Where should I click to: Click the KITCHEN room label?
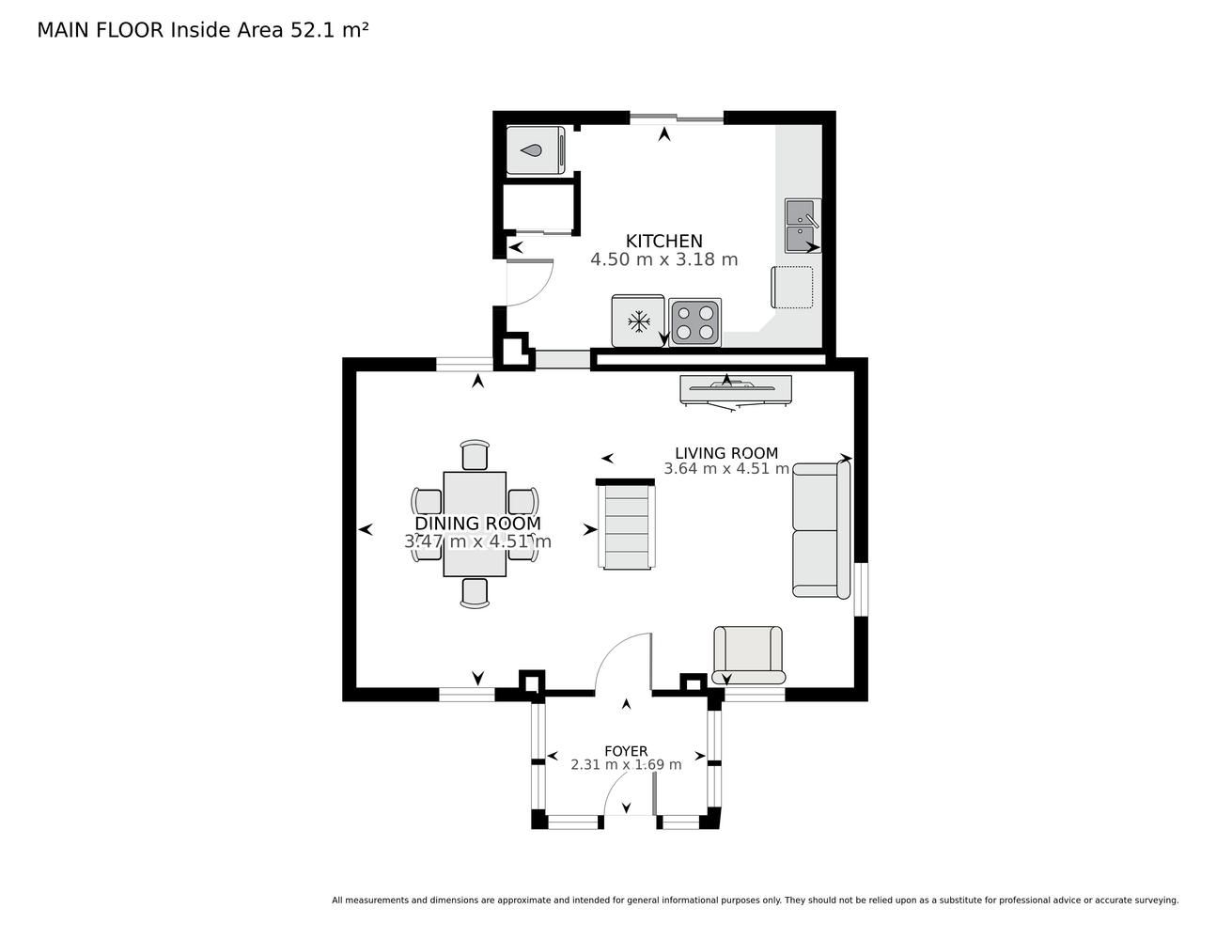[x=663, y=242]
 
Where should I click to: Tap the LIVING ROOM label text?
[x=726, y=453]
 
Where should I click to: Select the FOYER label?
[x=626, y=751]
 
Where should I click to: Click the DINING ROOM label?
[x=478, y=524]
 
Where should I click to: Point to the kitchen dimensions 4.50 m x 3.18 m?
[x=664, y=259]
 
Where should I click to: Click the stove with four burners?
[x=695, y=322]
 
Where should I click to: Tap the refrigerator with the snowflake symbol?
[x=638, y=321]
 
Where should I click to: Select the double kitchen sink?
[x=803, y=226]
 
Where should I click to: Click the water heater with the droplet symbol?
[x=536, y=150]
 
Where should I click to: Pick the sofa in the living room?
[x=821, y=529]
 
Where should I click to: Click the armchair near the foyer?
[x=748, y=654]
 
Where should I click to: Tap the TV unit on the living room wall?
[x=736, y=390]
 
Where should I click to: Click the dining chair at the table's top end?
[x=475, y=455]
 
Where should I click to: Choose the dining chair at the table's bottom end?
[x=475, y=593]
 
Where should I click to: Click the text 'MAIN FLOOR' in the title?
[x=101, y=30]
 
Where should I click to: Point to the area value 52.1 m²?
[x=329, y=30]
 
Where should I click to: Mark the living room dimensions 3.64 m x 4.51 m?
[x=726, y=468]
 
